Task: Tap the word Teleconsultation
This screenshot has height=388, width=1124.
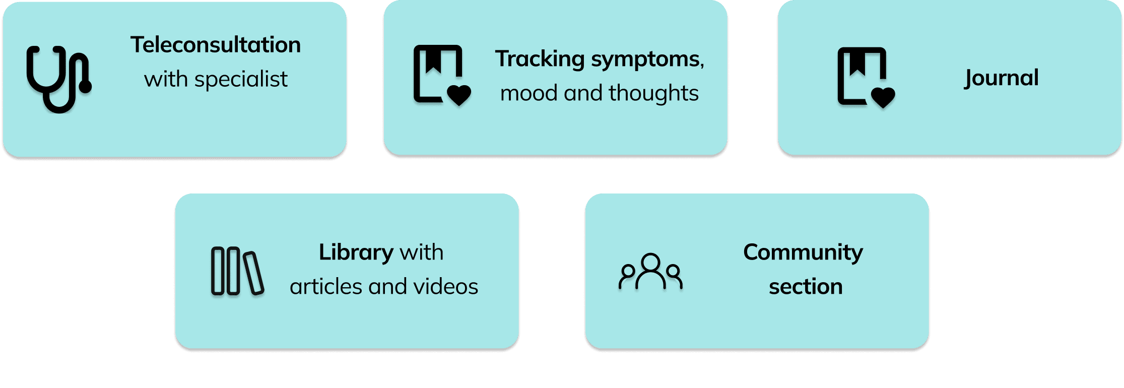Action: [x=216, y=45]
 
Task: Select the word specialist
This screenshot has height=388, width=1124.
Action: [x=241, y=80]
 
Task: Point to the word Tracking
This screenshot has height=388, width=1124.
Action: [x=540, y=59]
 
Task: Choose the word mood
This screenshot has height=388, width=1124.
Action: [x=529, y=93]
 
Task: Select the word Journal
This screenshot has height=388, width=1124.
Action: [x=1002, y=78]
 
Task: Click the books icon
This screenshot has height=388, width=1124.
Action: [x=237, y=271]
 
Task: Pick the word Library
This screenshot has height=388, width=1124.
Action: [x=356, y=252]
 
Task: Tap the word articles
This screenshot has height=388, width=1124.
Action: [x=326, y=287]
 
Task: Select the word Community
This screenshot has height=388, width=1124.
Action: [x=803, y=252]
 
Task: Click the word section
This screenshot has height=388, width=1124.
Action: [x=806, y=287]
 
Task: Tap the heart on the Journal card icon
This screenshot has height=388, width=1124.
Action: [x=883, y=97]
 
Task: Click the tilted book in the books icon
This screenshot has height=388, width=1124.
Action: [x=253, y=273]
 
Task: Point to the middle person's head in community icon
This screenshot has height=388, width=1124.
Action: [x=650, y=263]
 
